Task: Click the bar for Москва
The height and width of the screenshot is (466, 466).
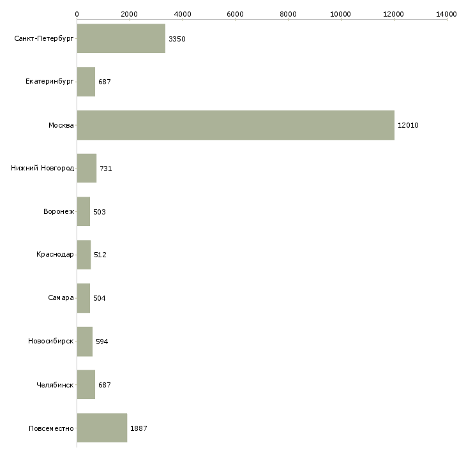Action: [x=236, y=125]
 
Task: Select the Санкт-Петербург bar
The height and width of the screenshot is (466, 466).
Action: [x=121, y=38]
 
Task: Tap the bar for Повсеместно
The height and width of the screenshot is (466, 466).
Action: [x=102, y=428]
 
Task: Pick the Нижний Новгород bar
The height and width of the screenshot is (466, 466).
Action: [x=87, y=169]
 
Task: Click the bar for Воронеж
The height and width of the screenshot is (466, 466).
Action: [x=84, y=211]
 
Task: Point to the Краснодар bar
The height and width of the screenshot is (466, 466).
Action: [x=84, y=255]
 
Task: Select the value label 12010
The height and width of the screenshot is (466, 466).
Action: [x=408, y=125]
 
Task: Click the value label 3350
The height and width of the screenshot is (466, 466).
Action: [x=177, y=39]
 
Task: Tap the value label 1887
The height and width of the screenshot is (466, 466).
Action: [x=139, y=428]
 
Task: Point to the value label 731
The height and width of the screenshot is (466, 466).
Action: [x=106, y=169]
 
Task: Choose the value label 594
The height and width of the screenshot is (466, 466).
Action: [x=102, y=342]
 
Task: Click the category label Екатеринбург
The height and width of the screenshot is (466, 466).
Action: [x=49, y=82]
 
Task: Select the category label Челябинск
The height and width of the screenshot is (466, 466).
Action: [x=55, y=385]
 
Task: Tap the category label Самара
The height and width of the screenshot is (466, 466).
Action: [x=61, y=297]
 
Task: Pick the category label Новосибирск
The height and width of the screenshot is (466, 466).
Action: [x=51, y=341]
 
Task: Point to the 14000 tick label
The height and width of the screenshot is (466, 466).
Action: [x=446, y=14]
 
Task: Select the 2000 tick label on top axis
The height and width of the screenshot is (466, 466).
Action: [x=130, y=14]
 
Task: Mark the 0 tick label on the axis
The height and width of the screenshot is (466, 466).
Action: [x=77, y=14]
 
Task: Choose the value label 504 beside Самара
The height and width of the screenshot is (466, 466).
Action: [x=99, y=298]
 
